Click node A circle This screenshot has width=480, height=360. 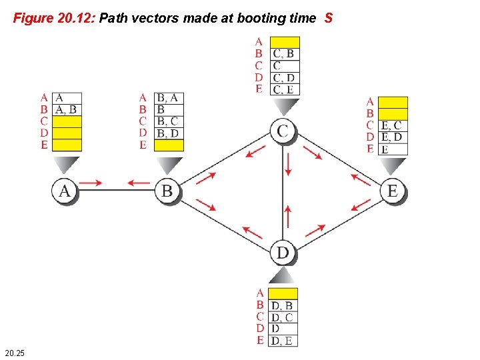coord(65,191)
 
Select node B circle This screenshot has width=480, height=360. coord(167,191)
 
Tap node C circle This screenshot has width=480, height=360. coord(283,131)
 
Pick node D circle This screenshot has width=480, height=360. coord(283,253)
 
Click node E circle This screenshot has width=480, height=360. coord(392,191)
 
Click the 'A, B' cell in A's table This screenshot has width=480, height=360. coord(67,110)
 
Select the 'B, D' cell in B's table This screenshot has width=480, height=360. coord(169,133)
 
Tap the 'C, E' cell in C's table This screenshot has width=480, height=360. coord(285,90)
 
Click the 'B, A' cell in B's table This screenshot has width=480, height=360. coord(169,99)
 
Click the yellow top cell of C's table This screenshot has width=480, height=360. coord(285,42)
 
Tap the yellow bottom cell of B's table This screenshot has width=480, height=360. coord(169,145)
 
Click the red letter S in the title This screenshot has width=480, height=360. coord(328,19)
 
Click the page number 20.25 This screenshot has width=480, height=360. coord(15,352)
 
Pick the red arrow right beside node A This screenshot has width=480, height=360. coord(93,182)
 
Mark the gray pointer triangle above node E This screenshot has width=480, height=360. coord(393,165)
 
